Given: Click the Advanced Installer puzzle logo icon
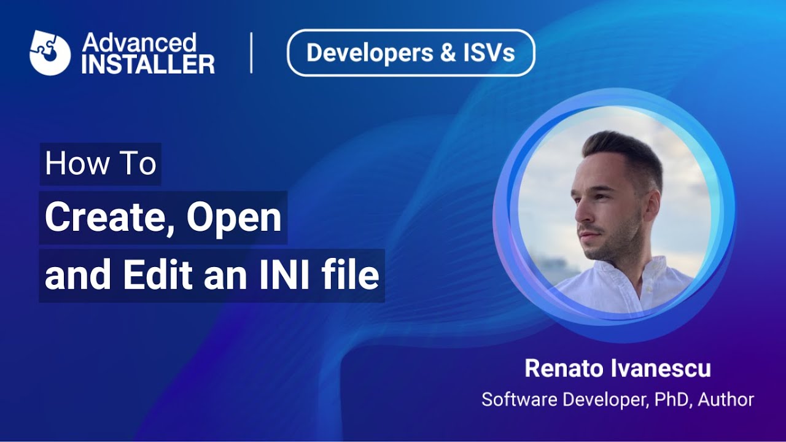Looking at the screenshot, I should (50, 53).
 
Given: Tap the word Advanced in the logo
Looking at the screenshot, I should (139, 43).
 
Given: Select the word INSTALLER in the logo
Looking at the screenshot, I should (147, 64).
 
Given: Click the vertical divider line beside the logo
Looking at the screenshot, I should (251, 53).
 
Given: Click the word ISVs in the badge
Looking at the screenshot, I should (489, 53).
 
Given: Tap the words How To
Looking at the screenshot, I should (101, 164).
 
